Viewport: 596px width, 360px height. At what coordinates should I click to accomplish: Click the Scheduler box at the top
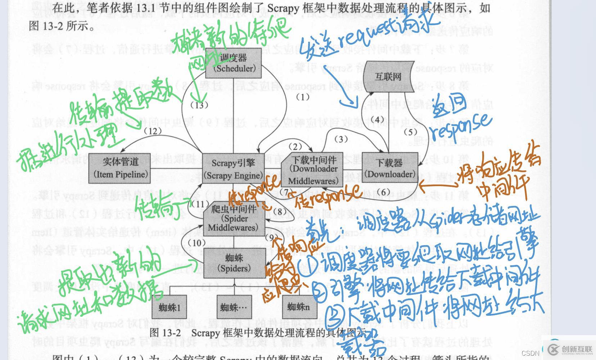[x=233, y=63]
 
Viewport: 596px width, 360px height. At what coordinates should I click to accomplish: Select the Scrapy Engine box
[x=233, y=169]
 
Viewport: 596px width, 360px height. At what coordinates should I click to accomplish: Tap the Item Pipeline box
[x=120, y=168]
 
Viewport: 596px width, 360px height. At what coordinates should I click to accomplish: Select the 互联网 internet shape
[x=389, y=76]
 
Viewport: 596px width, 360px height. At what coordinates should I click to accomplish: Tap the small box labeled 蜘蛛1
[x=169, y=308]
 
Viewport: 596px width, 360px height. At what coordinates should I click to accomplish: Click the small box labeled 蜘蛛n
[x=298, y=307]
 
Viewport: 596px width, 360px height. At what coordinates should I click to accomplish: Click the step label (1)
[x=303, y=97]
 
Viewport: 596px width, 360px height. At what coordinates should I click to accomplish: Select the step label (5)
[x=410, y=132]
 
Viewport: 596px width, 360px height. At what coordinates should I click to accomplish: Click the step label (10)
[x=197, y=243]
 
